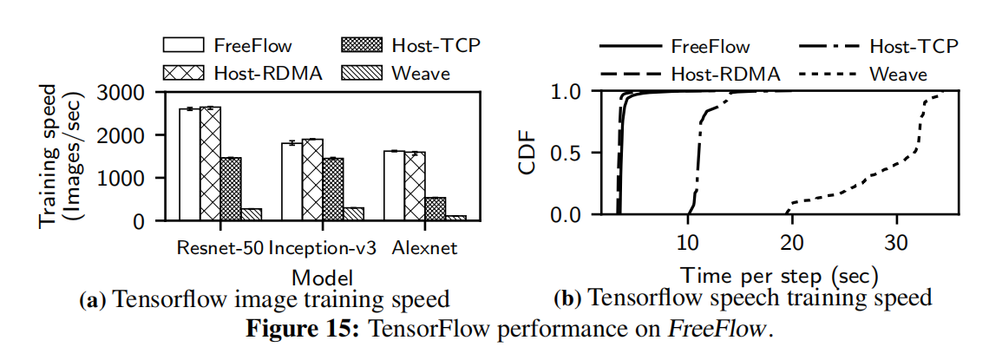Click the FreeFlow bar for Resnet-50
(189, 165)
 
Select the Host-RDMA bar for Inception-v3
(312, 180)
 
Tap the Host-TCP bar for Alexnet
(436, 208)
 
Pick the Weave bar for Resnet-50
(252, 214)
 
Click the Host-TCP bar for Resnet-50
(231, 189)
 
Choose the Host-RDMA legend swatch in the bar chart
(184, 73)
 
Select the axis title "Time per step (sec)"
(779, 277)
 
